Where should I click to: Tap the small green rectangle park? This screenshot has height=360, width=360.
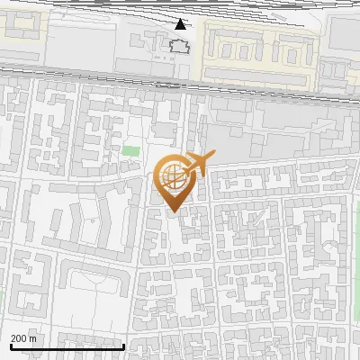(131, 151)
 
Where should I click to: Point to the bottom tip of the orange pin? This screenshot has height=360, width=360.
(173, 213)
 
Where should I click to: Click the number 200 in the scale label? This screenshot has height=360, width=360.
(20, 338)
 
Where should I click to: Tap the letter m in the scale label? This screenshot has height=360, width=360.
(33, 338)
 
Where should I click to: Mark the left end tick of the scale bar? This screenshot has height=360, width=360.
(10, 346)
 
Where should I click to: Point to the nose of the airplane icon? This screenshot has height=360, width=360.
(212, 156)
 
